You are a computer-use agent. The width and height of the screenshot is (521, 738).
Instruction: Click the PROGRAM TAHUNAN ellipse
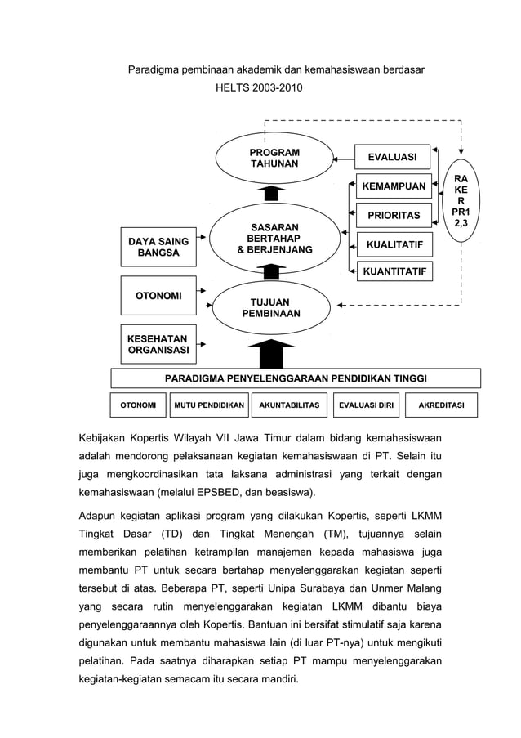[x=274, y=159]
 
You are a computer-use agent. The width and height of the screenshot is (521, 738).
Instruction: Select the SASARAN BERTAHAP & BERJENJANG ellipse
[x=274, y=238]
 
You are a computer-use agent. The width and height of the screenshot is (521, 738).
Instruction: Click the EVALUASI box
[x=392, y=157]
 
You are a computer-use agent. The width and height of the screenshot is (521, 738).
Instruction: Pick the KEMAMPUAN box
[x=394, y=186]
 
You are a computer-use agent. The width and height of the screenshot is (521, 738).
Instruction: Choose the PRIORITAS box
[x=394, y=216]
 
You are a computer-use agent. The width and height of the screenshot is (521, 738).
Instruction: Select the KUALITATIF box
[x=394, y=244]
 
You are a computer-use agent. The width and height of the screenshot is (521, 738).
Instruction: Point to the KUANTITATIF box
[x=394, y=271]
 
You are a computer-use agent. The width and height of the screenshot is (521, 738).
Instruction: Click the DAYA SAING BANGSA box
[x=158, y=247]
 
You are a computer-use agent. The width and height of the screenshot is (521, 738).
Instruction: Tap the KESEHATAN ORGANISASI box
[x=158, y=345]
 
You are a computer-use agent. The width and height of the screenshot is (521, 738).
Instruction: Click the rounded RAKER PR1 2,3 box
[x=461, y=202]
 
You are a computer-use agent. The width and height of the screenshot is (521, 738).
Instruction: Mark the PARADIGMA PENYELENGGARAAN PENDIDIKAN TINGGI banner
[x=296, y=378]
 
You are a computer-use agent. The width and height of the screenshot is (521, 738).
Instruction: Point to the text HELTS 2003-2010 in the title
[x=258, y=85]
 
